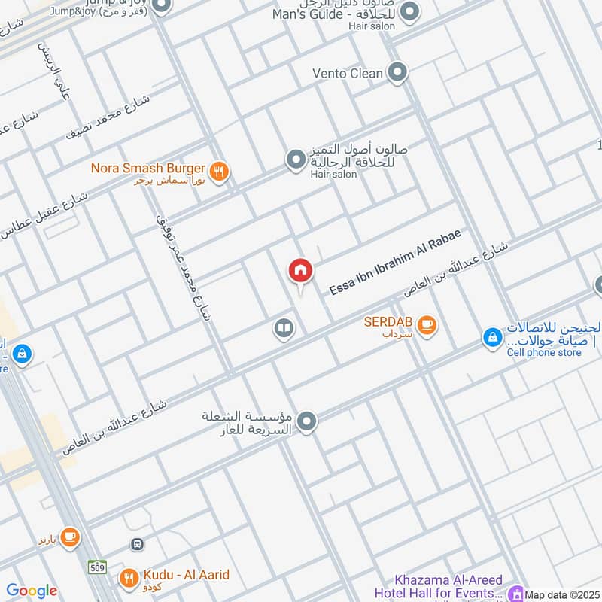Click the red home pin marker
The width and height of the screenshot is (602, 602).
[x=300, y=271]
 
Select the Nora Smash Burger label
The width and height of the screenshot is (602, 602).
[x=149, y=168]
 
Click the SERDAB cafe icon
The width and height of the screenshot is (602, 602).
[x=427, y=325]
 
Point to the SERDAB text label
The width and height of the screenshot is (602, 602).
[x=388, y=321]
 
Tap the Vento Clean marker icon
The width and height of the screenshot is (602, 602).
[x=398, y=73]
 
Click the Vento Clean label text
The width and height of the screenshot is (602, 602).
[x=348, y=74]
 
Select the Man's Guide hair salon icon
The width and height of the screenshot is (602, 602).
[x=410, y=12]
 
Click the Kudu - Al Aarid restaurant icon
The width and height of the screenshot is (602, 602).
[x=129, y=578]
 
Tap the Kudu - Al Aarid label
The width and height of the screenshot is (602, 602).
[x=184, y=576]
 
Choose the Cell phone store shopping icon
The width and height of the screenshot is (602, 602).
[x=492, y=338]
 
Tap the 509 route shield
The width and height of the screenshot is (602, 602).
[x=96, y=566]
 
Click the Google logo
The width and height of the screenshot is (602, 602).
[x=32, y=591]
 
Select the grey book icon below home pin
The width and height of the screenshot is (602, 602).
[x=284, y=329]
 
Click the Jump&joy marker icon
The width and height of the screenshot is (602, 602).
[x=160, y=8]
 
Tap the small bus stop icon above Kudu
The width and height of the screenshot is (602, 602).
[x=137, y=543]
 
